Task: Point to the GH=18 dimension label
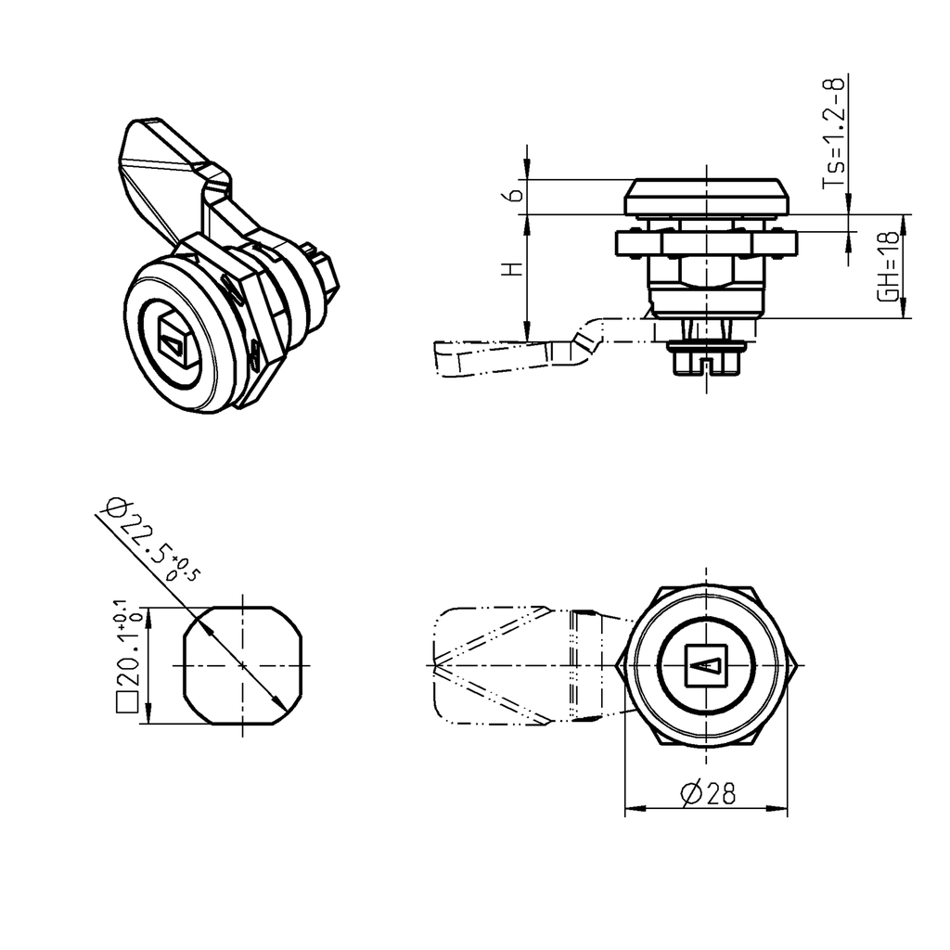(888, 266)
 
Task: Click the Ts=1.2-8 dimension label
(836, 134)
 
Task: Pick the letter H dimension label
(510, 269)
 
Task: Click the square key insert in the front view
(707, 666)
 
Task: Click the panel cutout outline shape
(243, 665)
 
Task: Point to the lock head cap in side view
(707, 197)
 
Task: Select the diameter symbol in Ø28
(690, 793)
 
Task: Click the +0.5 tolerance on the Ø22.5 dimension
(186, 568)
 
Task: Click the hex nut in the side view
(707, 243)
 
